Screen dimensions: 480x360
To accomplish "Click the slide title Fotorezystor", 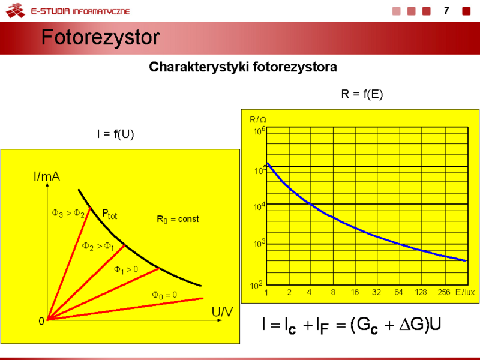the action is (x=100, y=38).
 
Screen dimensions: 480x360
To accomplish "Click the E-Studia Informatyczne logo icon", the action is (x=16, y=10).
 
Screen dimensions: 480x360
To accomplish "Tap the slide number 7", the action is (x=446, y=11).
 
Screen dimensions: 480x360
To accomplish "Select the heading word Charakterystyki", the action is (x=199, y=67).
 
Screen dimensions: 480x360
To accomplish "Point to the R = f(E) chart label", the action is (x=362, y=94).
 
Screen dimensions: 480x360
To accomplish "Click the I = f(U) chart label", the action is (x=115, y=134).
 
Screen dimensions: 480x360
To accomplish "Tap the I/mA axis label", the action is (x=47, y=176).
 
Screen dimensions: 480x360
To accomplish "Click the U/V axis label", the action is (x=222, y=312).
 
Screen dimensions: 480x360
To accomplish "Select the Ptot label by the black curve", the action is (x=110, y=214).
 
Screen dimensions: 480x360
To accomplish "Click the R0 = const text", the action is (x=178, y=219).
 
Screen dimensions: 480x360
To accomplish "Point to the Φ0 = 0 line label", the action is (x=164, y=295).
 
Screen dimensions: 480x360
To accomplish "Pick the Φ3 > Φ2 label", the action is (x=68, y=213).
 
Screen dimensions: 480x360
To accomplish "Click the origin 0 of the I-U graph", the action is (x=41, y=321).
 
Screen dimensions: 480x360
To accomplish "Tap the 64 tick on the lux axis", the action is (x=398, y=292).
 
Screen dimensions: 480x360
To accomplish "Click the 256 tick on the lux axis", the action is (x=444, y=292).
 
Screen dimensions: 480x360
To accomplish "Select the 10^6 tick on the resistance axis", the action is (x=260, y=131).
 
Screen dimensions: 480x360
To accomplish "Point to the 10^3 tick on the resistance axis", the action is (x=260, y=244).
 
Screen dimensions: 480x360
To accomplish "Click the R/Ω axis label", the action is (x=258, y=119).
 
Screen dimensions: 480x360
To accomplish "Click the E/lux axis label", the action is (x=465, y=292).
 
